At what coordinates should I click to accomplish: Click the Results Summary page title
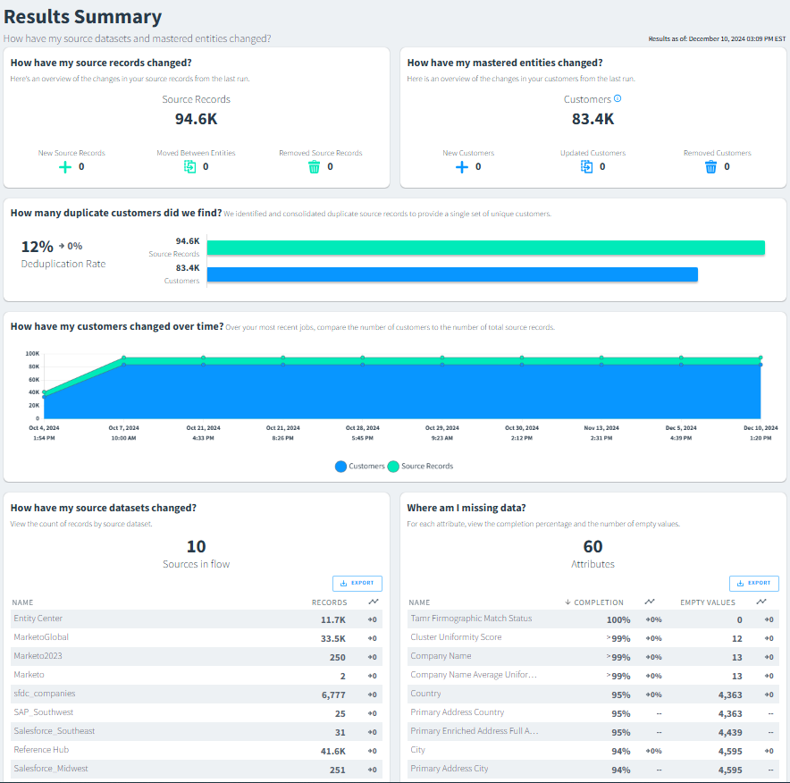[x=83, y=17]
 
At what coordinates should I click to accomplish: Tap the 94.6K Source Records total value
[x=197, y=119]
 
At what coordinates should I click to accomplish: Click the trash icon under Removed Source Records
[x=314, y=167]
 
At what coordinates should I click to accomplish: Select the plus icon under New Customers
[x=461, y=167]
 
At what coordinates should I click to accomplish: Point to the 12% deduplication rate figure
[x=37, y=247]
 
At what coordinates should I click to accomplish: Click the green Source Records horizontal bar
[x=485, y=248]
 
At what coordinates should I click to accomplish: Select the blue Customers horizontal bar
[x=452, y=274]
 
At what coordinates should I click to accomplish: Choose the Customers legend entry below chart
[x=360, y=467]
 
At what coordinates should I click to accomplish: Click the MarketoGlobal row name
[x=41, y=637]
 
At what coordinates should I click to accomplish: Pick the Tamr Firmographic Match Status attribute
[x=471, y=619]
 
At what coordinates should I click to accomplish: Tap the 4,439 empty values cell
[x=730, y=732]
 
